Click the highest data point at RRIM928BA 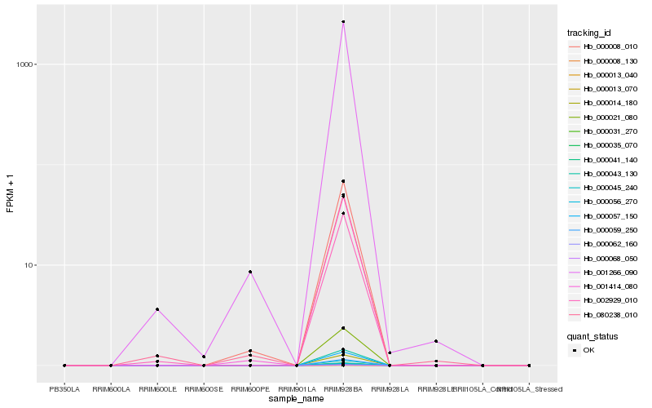click(343, 22)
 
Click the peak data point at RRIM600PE click(250, 272)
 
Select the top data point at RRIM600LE click(157, 309)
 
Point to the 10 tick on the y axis click(29, 265)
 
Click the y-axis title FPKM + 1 click(11, 193)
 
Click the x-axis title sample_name click(297, 398)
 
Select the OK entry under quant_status click(588, 349)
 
